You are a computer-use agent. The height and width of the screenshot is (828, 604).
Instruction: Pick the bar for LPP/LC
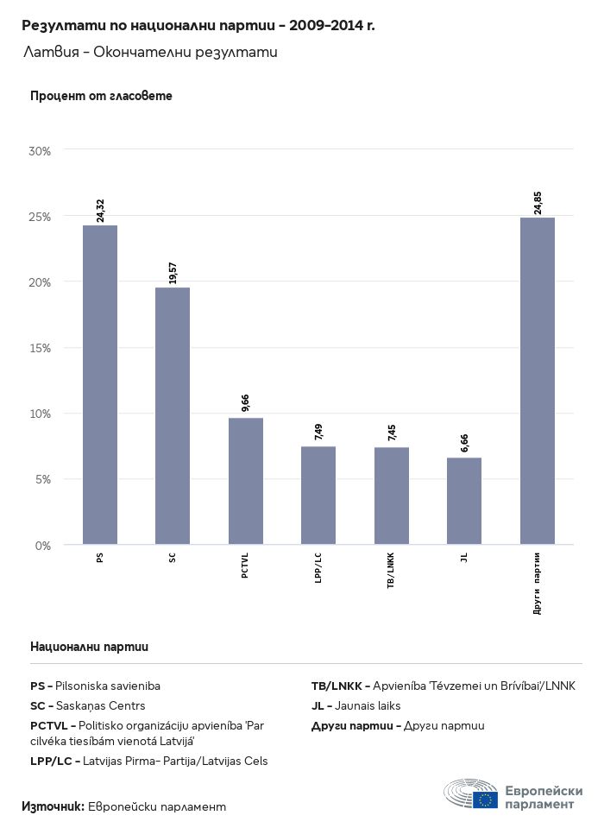pyautogui.click(x=318, y=496)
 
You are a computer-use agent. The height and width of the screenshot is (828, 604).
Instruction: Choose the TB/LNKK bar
pyautogui.click(x=391, y=496)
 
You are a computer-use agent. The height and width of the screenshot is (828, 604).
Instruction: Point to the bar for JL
pyautogui.click(x=464, y=501)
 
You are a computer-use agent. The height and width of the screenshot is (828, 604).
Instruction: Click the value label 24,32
pyautogui.click(x=100, y=211)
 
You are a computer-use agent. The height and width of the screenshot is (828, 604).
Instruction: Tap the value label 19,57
pyautogui.click(x=173, y=272)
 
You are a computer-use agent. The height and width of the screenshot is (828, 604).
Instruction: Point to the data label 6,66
pyautogui.click(x=464, y=444)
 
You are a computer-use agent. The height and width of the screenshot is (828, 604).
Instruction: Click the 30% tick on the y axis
pyautogui.click(x=41, y=151)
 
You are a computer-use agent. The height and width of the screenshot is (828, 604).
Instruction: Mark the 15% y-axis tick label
pyautogui.click(x=41, y=348)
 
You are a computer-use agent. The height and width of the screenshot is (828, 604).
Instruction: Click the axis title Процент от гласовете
pyautogui.click(x=101, y=96)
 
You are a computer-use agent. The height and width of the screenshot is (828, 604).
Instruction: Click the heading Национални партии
pyautogui.click(x=89, y=646)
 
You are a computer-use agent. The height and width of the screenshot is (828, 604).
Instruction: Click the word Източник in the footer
pyautogui.click(x=53, y=806)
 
